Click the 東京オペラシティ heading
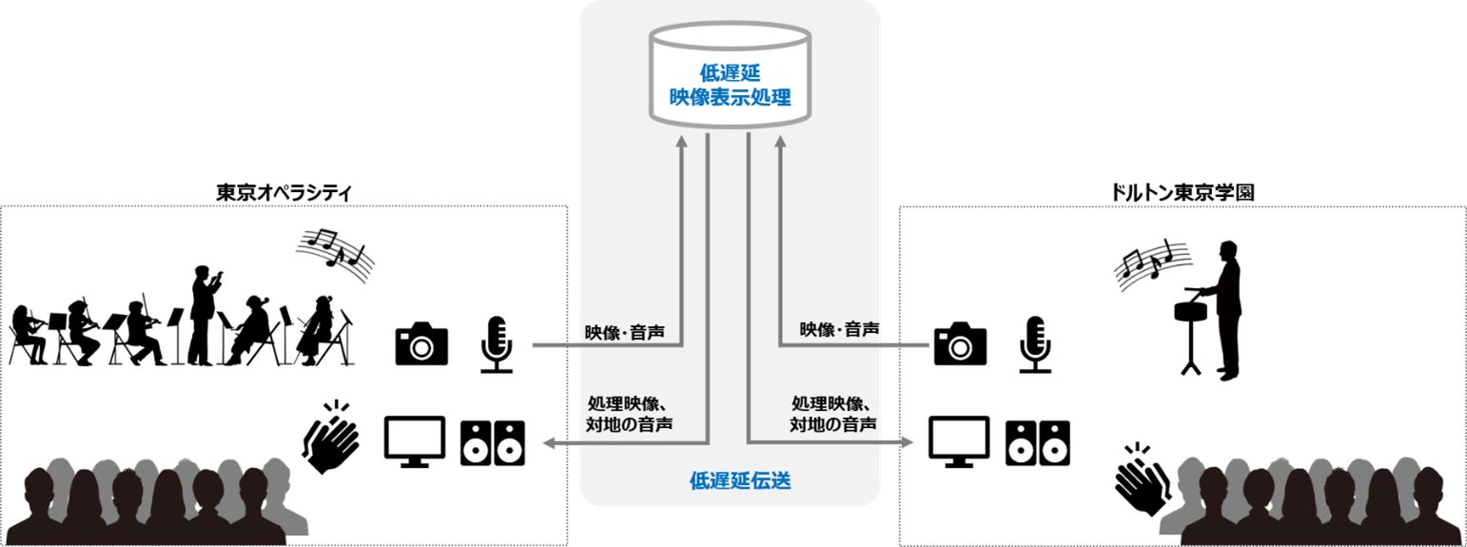point(284,191)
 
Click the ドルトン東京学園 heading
point(1182,191)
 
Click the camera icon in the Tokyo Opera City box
point(421,342)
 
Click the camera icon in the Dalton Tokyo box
point(960,342)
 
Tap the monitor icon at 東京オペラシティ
point(414,441)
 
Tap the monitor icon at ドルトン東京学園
point(958,441)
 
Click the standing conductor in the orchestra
point(204,315)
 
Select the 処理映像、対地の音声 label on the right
point(833,413)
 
